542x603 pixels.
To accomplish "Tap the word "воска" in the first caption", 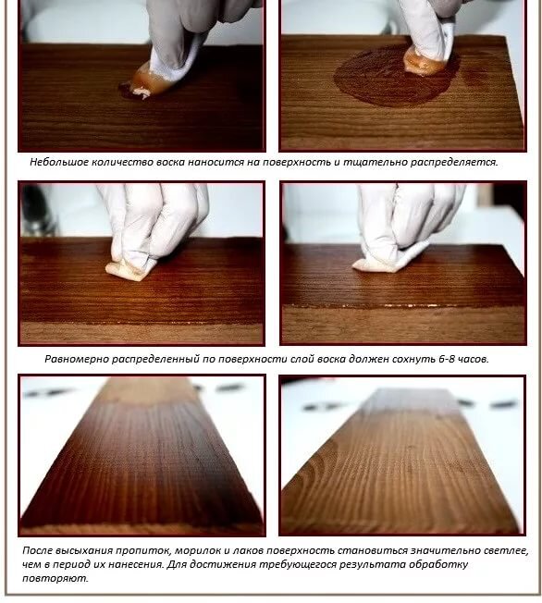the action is [x=171, y=162].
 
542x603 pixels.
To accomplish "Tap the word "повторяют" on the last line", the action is [x=55, y=578].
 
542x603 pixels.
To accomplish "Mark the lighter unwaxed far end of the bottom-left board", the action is [x=149, y=389].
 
